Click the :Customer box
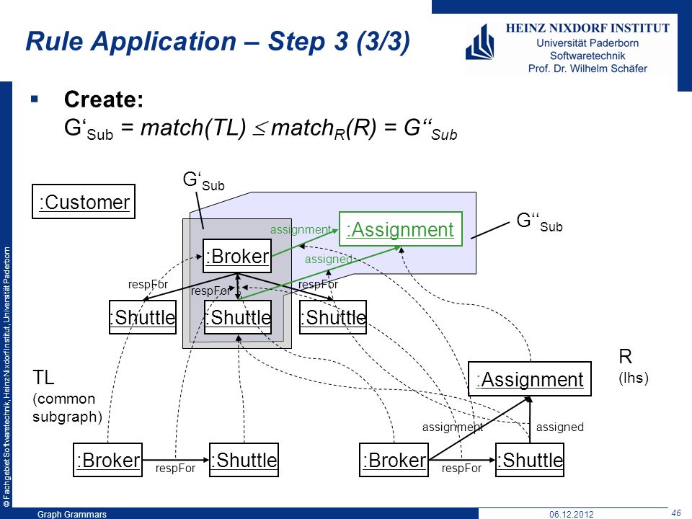84,202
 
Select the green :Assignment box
400,229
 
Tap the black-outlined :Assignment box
530,378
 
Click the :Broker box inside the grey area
237,256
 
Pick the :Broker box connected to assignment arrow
394,460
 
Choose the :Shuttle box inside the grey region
238,317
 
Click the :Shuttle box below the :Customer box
143,317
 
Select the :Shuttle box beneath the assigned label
530,460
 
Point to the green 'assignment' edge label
301,229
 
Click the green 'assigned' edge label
329,259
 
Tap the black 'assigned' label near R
559,427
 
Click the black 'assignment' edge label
453,427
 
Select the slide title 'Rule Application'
131,41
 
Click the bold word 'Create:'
104,99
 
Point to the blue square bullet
35,99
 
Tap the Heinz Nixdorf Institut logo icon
480,42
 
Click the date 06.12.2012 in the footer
572,514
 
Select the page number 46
675,513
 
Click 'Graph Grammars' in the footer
72,514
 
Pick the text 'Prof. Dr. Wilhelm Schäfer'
587,68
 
